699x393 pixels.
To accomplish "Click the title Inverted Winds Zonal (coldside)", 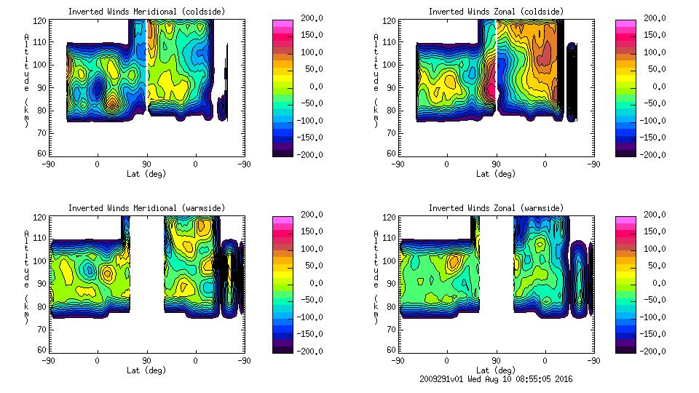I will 495,12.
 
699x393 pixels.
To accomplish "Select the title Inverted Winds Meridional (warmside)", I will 147,208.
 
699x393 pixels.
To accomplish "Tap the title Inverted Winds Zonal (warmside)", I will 495,208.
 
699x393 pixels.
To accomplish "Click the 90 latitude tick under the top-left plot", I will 146,164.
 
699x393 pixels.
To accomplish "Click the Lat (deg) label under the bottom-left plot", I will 146,370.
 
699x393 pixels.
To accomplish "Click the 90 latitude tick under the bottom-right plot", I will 496,361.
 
